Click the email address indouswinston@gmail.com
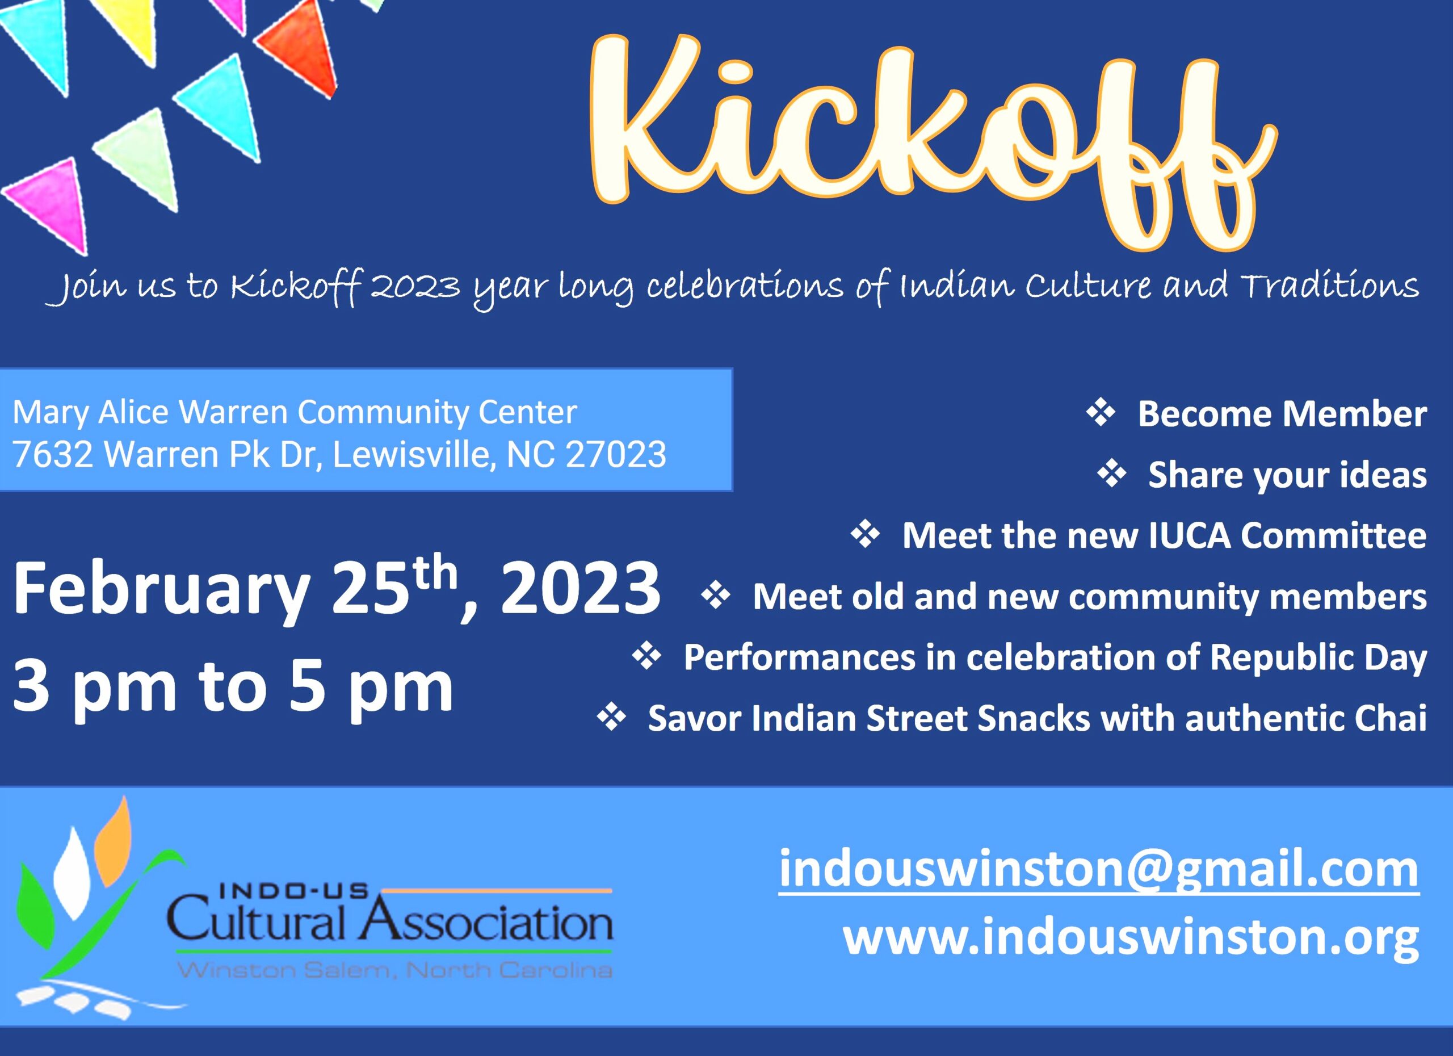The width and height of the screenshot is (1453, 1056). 1099,870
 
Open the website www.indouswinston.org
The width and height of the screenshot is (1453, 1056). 1131,937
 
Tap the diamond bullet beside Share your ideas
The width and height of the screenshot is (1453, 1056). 1111,474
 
